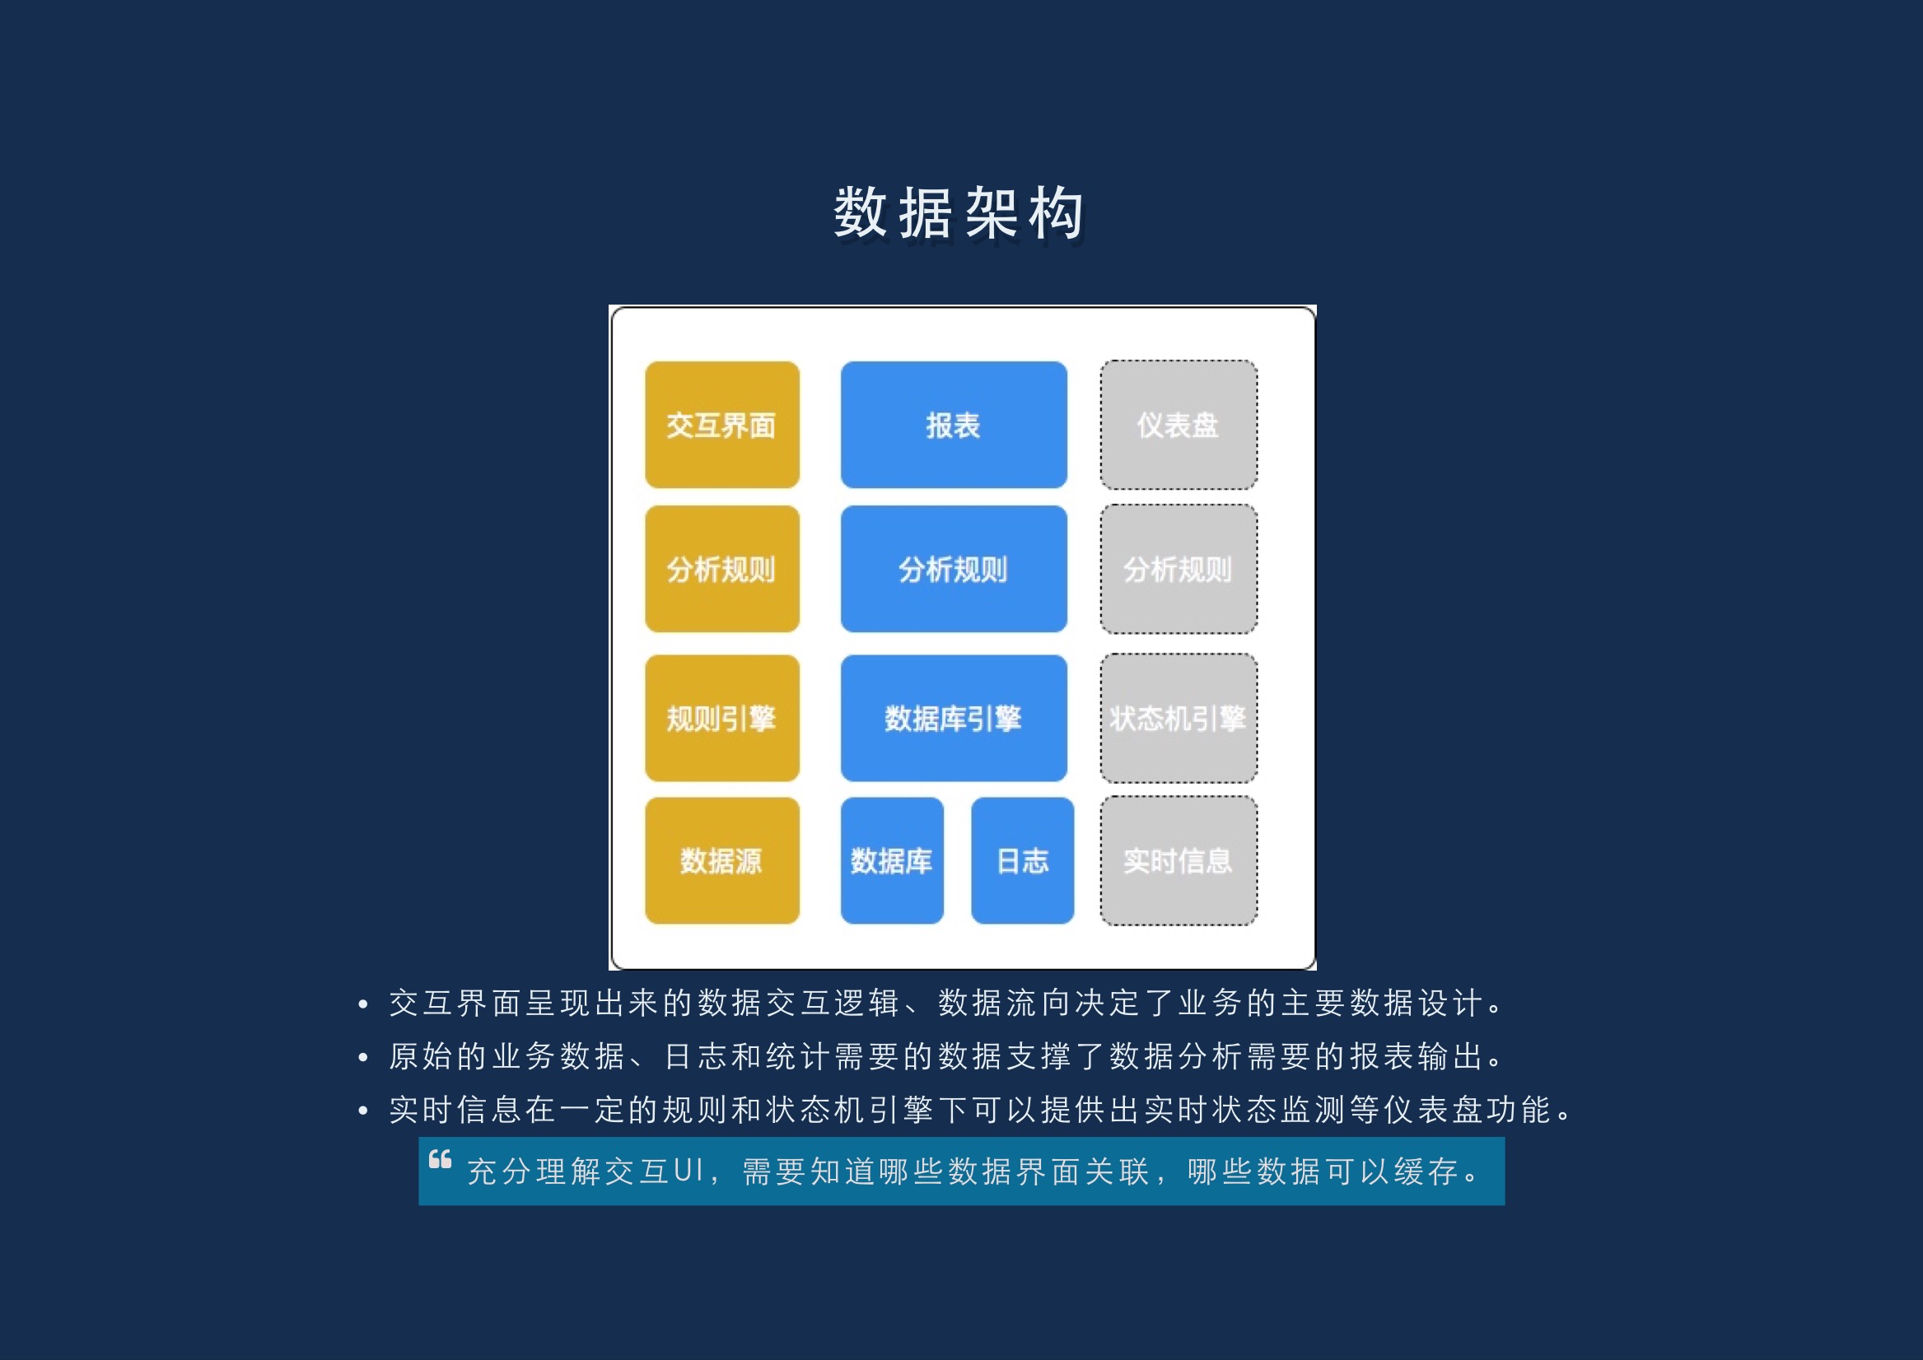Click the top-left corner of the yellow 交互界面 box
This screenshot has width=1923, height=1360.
click(646, 361)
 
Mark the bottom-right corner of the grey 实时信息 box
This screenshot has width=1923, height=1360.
click(1257, 925)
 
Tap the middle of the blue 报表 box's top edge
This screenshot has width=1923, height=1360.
click(954, 361)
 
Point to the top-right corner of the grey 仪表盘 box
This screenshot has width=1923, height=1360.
click(1257, 361)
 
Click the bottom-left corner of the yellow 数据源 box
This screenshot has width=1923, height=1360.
click(646, 924)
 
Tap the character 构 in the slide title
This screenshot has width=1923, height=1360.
click(1057, 212)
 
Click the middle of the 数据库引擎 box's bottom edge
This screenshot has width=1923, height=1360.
click(954, 781)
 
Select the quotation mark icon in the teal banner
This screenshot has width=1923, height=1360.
click(440, 1159)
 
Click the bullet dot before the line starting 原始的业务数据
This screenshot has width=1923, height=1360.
click(362, 1058)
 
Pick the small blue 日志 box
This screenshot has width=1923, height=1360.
click(1023, 861)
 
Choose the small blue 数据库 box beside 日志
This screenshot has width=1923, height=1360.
click(892, 861)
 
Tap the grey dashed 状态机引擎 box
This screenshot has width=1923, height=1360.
click(1179, 719)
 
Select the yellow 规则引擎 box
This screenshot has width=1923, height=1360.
click(722, 719)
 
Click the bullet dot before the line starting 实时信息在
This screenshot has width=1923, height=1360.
click(362, 1111)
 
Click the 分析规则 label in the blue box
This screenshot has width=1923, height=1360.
click(953, 570)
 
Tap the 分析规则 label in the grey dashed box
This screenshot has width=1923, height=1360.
click(1178, 570)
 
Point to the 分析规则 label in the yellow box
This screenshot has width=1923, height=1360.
click(721, 570)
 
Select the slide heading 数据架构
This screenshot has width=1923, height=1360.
click(959, 212)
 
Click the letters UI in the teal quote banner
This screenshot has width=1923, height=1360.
click(689, 1171)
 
